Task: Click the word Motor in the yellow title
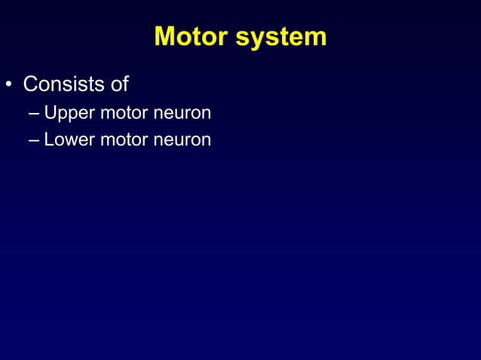pos(191,36)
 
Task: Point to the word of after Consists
pos(119,84)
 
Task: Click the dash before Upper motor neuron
pos(35,114)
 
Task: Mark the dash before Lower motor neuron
pos(35,139)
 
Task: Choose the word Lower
pos(66,139)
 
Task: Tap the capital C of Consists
pos(30,84)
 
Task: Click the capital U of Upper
pos(51,114)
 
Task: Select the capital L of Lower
pos(49,139)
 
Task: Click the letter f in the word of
pos(125,84)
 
